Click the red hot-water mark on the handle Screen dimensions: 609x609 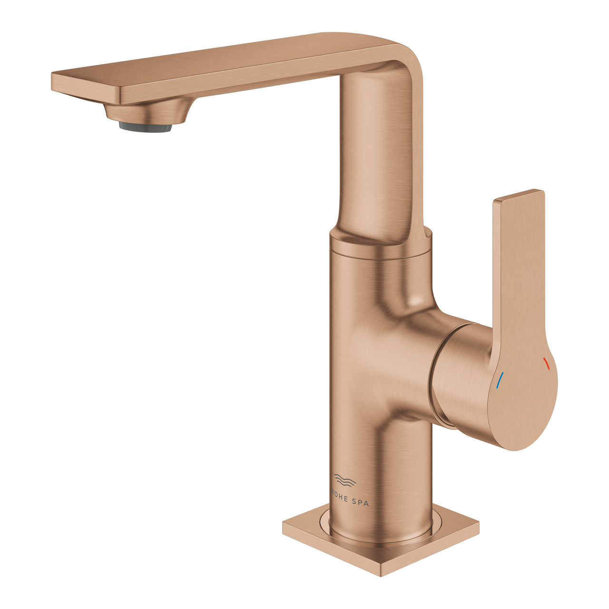(547, 364)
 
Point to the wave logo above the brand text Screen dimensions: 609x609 (345, 481)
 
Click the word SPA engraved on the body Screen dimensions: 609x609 (359, 502)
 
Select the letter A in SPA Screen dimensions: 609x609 (366, 503)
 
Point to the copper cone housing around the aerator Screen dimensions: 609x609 (146, 111)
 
